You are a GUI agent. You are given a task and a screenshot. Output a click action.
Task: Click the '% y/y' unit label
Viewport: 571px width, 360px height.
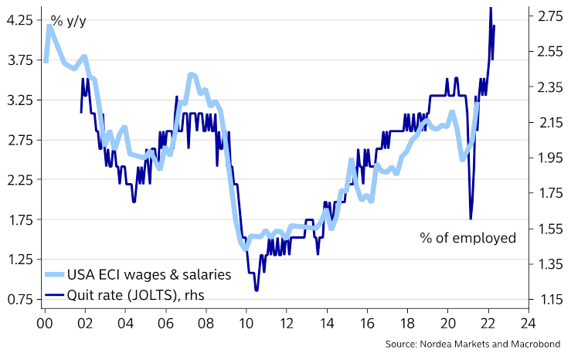pos(68,20)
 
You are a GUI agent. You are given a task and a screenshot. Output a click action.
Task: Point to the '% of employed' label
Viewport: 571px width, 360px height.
pos(467,237)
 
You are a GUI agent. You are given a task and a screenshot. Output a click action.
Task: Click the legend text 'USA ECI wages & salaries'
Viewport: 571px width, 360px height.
pos(149,273)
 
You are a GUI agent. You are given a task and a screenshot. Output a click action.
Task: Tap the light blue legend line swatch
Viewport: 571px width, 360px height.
pos(54,274)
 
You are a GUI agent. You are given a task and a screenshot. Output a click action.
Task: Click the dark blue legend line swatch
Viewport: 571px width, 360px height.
pos(54,294)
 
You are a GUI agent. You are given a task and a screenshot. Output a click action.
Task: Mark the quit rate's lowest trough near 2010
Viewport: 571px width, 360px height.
pos(256,290)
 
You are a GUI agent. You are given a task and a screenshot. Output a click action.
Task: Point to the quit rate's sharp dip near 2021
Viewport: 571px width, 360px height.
pos(471,219)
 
